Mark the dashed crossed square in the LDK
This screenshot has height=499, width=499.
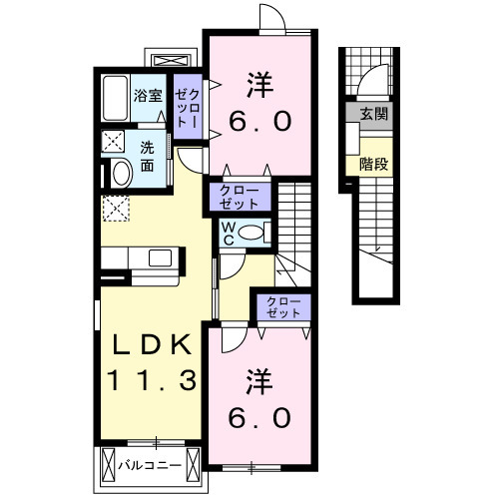coord(115,208)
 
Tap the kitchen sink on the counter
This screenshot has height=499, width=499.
coord(160,258)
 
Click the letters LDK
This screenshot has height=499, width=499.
coord(151,345)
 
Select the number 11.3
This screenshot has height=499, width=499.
coord(151,379)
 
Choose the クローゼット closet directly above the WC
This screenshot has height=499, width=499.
coord(240,196)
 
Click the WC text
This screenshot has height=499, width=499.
coord(228,235)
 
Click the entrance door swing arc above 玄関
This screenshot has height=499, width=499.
coord(372,77)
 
